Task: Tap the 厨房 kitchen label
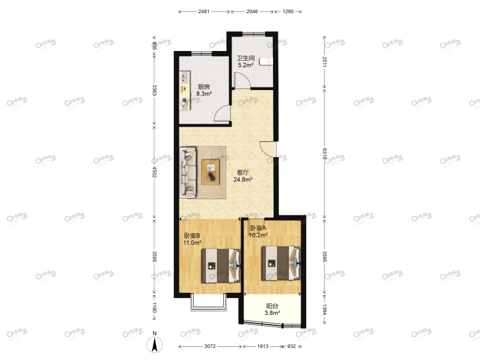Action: pyautogui.click(x=204, y=86)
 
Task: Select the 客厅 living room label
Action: pyautogui.click(x=243, y=172)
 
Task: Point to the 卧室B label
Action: pyautogui.click(x=191, y=235)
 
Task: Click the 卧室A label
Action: pyautogui.click(x=258, y=228)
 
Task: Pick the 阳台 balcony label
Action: pyautogui.click(x=272, y=305)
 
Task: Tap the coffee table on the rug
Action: pyautogui.click(x=211, y=172)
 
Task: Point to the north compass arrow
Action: pyautogui.click(x=155, y=345)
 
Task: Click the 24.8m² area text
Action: pyautogui.click(x=243, y=179)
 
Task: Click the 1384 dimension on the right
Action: pyautogui.click(x=324, y=310)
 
